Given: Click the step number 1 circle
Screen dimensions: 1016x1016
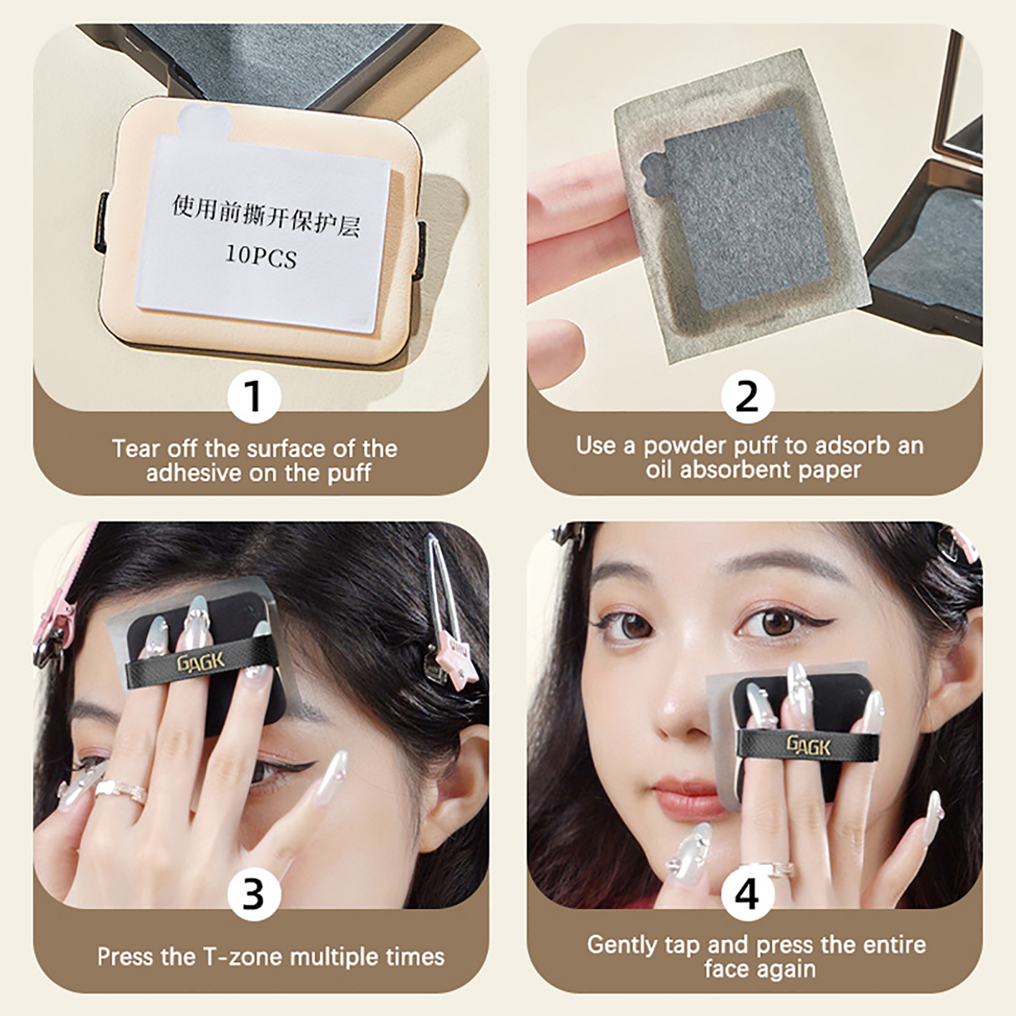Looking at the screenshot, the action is tap(254, 396).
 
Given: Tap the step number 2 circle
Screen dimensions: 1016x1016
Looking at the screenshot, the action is tap(747, 396).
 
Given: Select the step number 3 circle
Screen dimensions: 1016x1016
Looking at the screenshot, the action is tap(254, 894).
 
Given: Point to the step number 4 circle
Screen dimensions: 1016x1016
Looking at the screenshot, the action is tap(747, 894).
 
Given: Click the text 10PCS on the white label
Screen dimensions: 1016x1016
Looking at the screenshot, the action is tap(261, 256).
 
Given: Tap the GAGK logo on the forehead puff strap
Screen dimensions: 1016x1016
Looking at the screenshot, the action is tap(200, 662).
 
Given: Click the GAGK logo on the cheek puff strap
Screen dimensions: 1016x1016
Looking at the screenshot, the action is tap(808, 745).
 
